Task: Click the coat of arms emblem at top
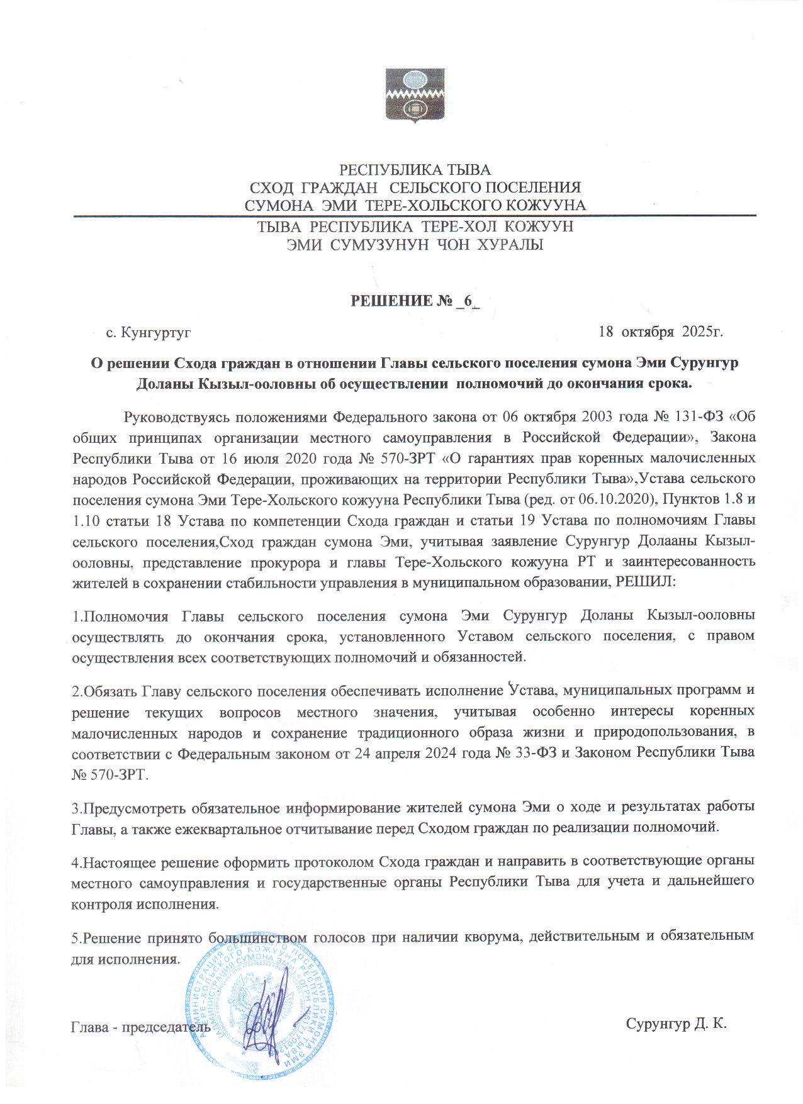pyautogui.click(x=415, y=95)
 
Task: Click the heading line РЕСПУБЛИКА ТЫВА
pyautogui.click(x=415, y=170)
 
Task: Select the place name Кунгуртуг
pyautogui.click(x=156, y=332)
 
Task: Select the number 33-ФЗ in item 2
pyautogui.click(x=536, y=753)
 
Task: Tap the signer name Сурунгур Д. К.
pyautogui.click(x=676, y=1023)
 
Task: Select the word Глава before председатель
pyautogui.click(x=89, y=1027)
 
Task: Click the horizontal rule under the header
pyautogui.click(x=415, y=216)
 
